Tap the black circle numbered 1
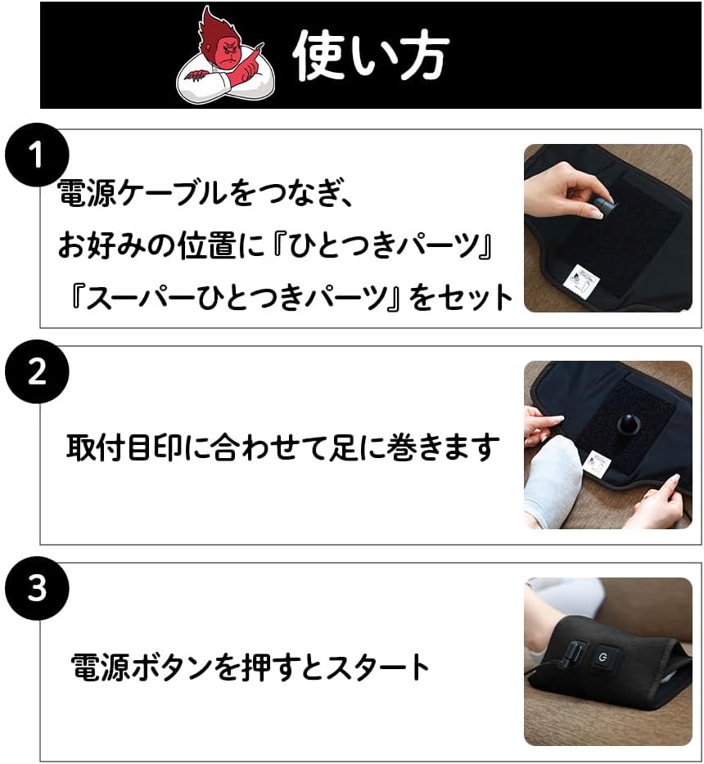[x=37, y=155]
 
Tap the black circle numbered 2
[x=37, y=371]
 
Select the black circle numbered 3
[x=37, y=588]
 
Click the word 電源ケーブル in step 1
[x=143, y=193]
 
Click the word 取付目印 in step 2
[x=124, y=447]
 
